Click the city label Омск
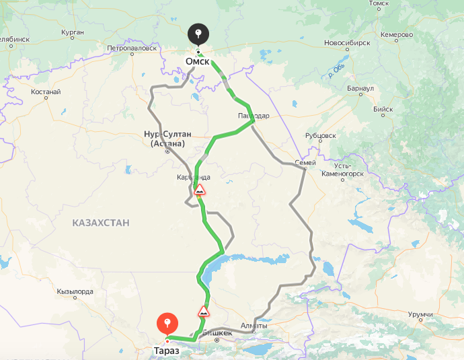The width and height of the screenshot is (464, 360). [198, 61]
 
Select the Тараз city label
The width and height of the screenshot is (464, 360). [166, 351]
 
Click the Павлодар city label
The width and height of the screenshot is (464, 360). [254, 116]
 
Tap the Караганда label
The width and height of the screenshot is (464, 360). [194, 177]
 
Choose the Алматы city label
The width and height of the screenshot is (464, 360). [254, 326]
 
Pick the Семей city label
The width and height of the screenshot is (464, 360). [305, 163]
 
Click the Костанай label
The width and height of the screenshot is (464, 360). [46, 92]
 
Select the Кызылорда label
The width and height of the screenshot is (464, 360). [75, 291]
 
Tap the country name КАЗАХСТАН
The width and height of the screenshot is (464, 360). [101, 222]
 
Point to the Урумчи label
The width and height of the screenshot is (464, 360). [421, 314]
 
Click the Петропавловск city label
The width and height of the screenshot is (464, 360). [132, 48]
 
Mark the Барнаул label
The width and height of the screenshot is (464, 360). [361, 88]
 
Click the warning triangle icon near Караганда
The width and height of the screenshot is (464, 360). [200, 190]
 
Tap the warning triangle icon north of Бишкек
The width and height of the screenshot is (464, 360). [203, 312]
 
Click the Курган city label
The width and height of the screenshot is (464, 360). [72, 32]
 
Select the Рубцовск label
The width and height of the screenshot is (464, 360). [320, 135]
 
